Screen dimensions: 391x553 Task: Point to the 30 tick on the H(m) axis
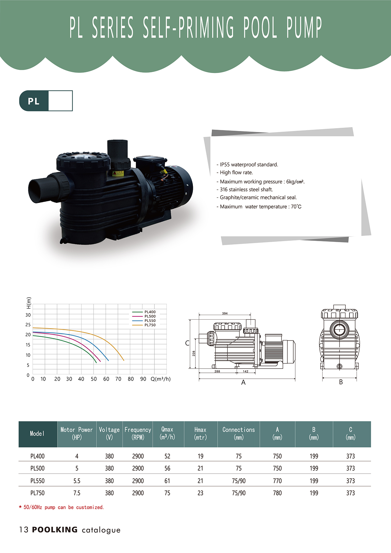click(x=28, y=315)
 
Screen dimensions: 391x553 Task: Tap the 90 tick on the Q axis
click(x=143, y=379)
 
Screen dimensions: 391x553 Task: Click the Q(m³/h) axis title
click(x=161, y=379)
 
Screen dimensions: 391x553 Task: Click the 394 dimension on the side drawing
click(x=224, y=313)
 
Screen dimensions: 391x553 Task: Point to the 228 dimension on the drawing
click(x=194, y=353)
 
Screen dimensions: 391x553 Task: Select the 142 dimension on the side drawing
click(x=246, y=371)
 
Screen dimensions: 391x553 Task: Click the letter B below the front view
click(x=341, y=382)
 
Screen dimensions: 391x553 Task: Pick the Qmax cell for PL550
click(x=167, y=481)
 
